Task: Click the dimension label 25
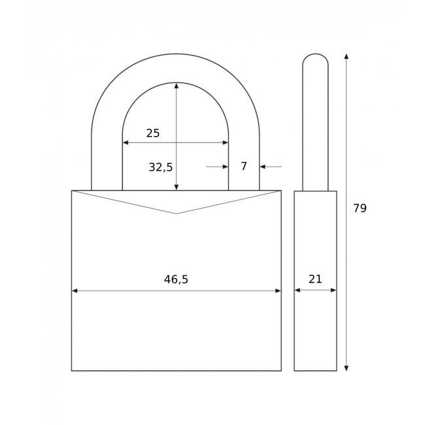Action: (152, 133)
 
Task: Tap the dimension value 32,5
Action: (160, 167)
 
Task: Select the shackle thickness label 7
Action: (244, 167)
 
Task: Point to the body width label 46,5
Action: (176, 280)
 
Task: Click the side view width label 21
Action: (315, 279)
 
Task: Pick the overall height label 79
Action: (360, 209)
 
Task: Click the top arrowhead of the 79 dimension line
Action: (346, 57)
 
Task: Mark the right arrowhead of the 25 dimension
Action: (225, 143)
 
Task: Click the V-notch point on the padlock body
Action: (176, 214)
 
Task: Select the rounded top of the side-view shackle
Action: (315, 56)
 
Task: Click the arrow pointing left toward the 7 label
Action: (263, 167)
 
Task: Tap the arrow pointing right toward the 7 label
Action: (224, 167)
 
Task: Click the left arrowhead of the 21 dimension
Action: (297, 290)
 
